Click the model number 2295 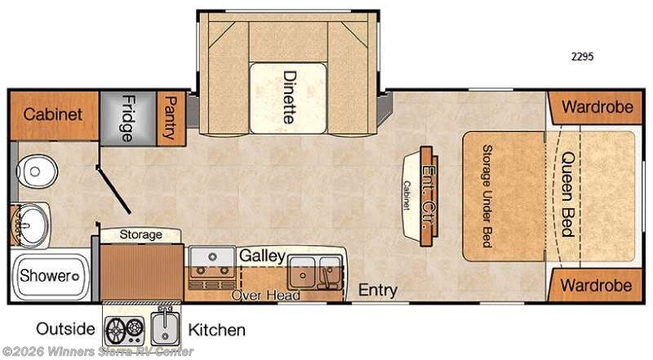582,56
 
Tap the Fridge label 128,118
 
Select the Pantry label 171,118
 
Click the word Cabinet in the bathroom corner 53,114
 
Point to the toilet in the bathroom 36,171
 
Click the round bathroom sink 31,225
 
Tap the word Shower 46,275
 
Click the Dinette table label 290,97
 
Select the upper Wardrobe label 597,107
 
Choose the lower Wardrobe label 596,286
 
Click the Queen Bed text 568,193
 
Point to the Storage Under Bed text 487,196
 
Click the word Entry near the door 378,291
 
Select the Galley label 262,256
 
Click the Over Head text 266,295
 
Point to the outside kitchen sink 165,327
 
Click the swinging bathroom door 113,189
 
